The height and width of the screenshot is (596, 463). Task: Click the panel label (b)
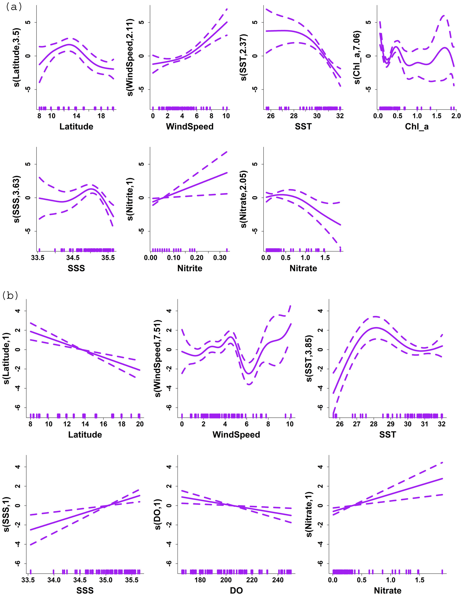(x=10, y=295)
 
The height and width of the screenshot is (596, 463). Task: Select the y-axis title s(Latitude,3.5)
(x=17, y=57)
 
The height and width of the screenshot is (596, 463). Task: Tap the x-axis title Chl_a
(x=416, y=126)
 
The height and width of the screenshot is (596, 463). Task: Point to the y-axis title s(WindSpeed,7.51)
(x=158, y=358)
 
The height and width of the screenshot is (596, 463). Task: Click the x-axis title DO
(x=236, y=591)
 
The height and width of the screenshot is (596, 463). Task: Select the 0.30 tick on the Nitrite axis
(x=220, y=258)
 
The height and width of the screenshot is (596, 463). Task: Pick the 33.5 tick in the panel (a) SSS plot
(x=38, y=258)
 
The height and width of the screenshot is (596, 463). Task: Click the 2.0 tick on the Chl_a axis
(x=456, y=116)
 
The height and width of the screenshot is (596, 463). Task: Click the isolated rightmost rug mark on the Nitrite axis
(x=227, y=250)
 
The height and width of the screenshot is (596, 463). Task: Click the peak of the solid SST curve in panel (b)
(x=376, y=328)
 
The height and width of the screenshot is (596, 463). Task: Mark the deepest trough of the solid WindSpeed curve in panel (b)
(x=248, y=374)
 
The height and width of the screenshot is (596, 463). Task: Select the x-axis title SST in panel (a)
(x=303, y=126)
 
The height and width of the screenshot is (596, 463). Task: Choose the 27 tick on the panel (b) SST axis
(x=357, y=424)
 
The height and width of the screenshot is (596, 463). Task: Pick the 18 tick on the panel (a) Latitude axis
(x=101, y=116)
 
